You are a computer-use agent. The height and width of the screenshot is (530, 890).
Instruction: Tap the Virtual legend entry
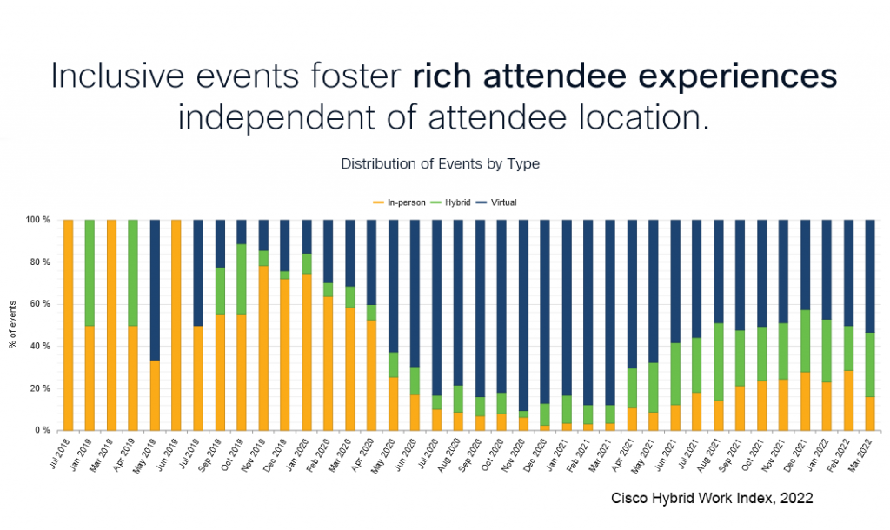pos(501,202)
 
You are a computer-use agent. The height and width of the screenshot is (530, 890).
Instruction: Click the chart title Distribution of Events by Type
pos(440,164)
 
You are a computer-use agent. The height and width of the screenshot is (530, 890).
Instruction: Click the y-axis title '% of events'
pos(14,325)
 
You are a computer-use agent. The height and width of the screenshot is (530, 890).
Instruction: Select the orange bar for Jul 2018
pos(69,325)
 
